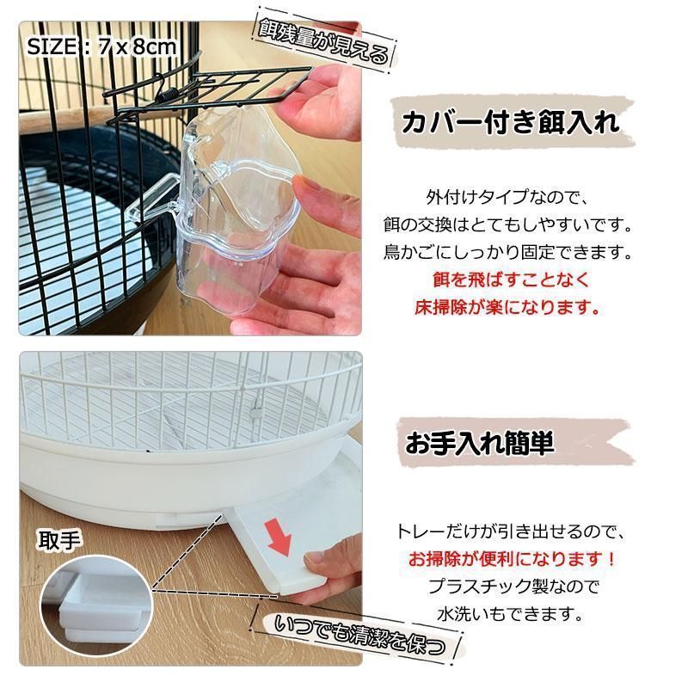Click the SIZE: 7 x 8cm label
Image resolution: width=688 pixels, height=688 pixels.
101,46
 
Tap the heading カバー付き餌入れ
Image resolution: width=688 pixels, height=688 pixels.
511,122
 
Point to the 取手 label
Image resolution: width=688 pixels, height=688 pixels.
58,541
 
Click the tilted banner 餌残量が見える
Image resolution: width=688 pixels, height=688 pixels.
324,41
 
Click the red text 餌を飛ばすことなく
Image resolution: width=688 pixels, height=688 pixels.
510,280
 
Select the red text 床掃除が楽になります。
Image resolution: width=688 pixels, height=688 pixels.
507,307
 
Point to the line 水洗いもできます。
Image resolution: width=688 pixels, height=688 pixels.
510,613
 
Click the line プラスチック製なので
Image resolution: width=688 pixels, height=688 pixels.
513,587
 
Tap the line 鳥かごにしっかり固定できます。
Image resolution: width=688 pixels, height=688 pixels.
507,252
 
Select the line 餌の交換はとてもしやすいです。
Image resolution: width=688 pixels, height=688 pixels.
507,225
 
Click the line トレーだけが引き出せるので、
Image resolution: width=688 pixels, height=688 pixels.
510,531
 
